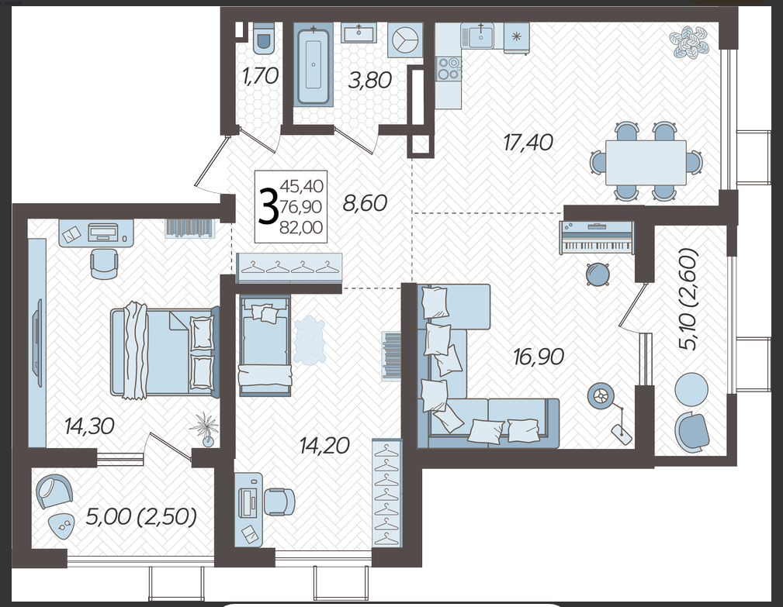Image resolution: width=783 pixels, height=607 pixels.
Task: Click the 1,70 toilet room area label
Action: (260, 76)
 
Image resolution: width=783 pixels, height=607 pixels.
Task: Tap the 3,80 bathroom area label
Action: (369, 80)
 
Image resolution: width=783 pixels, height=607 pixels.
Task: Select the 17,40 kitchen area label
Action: (528, 143)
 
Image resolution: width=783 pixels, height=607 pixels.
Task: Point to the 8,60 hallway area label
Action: (365, 203)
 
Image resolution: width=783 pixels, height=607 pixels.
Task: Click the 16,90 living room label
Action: (539, 357)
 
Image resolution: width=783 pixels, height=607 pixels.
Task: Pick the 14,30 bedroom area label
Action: (89, 426)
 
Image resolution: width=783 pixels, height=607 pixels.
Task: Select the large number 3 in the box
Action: (269, 206)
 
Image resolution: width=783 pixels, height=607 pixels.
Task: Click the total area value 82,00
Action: (301, 227)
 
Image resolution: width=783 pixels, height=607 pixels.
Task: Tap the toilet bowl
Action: (263, 39)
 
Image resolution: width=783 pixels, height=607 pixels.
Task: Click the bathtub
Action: (313, 64)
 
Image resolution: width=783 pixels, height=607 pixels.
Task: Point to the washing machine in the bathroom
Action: (405, 39)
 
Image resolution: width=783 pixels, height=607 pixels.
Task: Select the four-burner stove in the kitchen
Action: (448, 69)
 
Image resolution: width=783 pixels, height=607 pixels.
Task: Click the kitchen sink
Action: (480, 36)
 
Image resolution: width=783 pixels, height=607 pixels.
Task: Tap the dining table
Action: (646, 162)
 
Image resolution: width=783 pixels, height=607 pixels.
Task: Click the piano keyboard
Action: (596, 237)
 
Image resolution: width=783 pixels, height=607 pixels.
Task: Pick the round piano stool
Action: (598, 274)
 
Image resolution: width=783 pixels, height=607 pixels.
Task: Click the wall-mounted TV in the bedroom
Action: (37, 343)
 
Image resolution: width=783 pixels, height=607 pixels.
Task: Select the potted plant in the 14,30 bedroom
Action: (205, 429)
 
